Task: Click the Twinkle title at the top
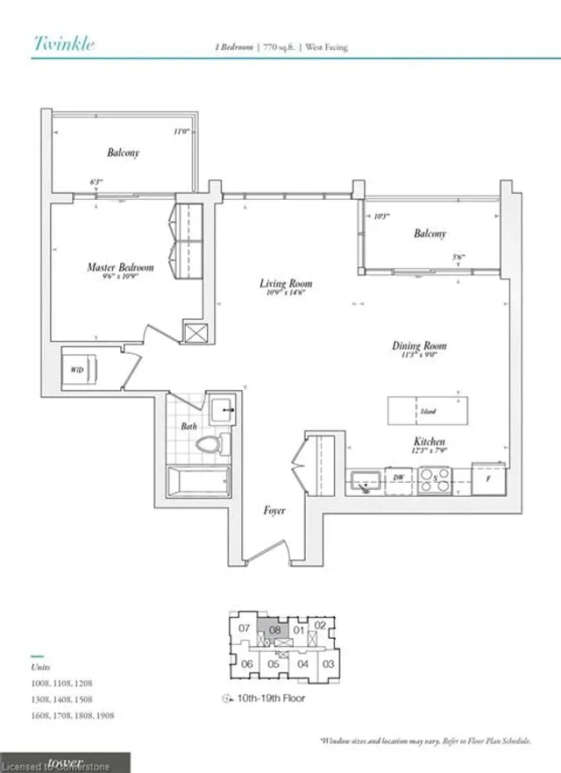64,43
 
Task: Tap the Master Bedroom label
120,267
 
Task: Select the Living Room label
286,284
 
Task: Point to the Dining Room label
420,346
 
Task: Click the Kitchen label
430,443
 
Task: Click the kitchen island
426,410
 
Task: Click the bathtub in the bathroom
199,483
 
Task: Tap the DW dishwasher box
398,478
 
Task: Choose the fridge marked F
489,478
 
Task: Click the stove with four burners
436,479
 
